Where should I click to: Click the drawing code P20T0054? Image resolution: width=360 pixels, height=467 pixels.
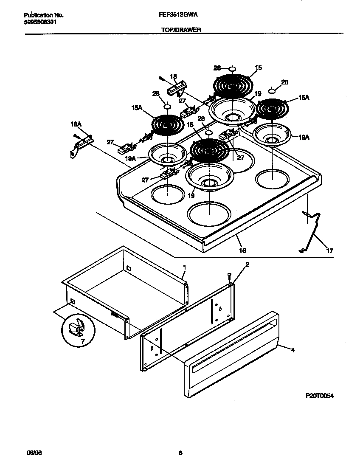[320, 396]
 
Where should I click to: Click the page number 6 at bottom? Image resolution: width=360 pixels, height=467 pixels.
[180, 453]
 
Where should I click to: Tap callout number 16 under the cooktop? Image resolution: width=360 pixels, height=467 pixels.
[242, 250]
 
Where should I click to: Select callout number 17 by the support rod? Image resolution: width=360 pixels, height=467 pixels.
[329, 250]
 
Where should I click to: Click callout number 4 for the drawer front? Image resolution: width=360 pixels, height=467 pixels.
[292, 350]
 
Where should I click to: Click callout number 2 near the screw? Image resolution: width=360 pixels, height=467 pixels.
[247, 264]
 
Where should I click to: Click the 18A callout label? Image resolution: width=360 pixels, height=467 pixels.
[75, 124]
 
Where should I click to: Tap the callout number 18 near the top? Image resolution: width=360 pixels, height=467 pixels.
[173, 77]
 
